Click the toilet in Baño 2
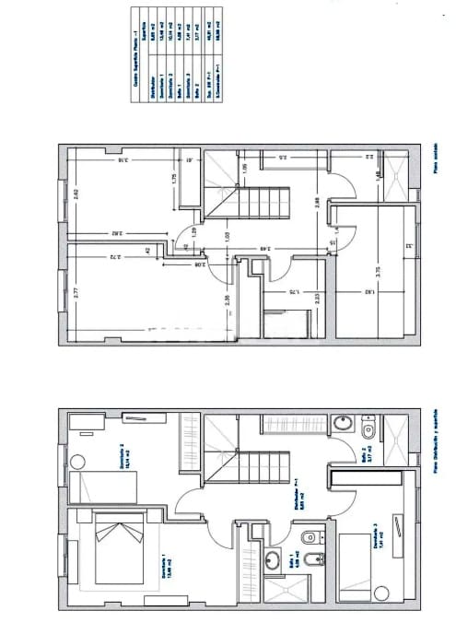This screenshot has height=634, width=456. point(368,430)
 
